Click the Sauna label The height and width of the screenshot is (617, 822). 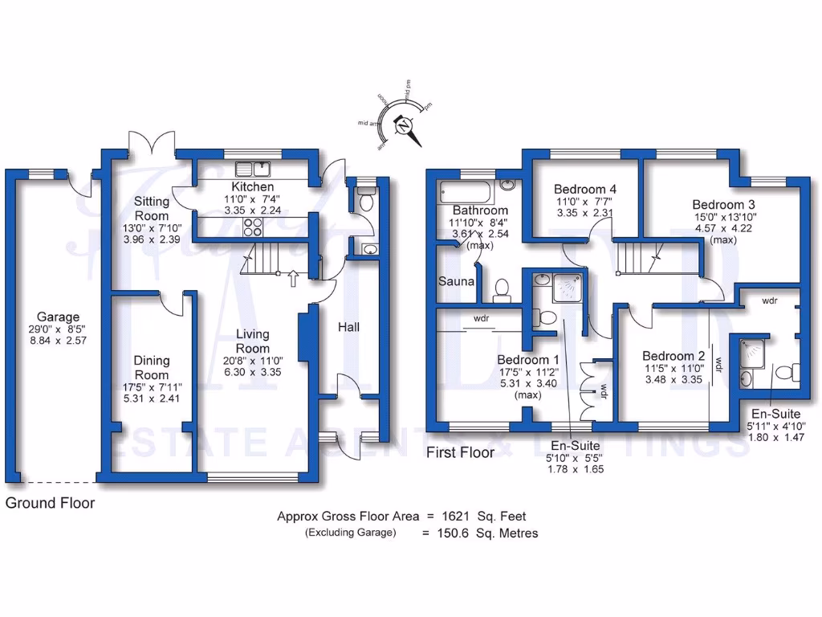click(x=454, y=282)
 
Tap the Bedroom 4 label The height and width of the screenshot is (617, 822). click(x=585, y=190)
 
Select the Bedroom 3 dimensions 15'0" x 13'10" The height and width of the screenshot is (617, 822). click(x=724, y=216)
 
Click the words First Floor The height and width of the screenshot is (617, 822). click(x=460, y=452)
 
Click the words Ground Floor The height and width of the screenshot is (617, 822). click(x=50, y=504)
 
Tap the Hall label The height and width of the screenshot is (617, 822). click(x=348, y=327)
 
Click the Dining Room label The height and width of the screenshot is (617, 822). click(x=152, y=368)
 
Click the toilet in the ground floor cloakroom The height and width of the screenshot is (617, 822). click(x=366, y=200)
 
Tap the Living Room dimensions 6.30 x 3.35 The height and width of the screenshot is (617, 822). click(x=253, y=372)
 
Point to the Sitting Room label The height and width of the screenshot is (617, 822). click(x=151, y=209)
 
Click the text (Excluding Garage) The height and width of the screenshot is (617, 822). click(x=350, y=533)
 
